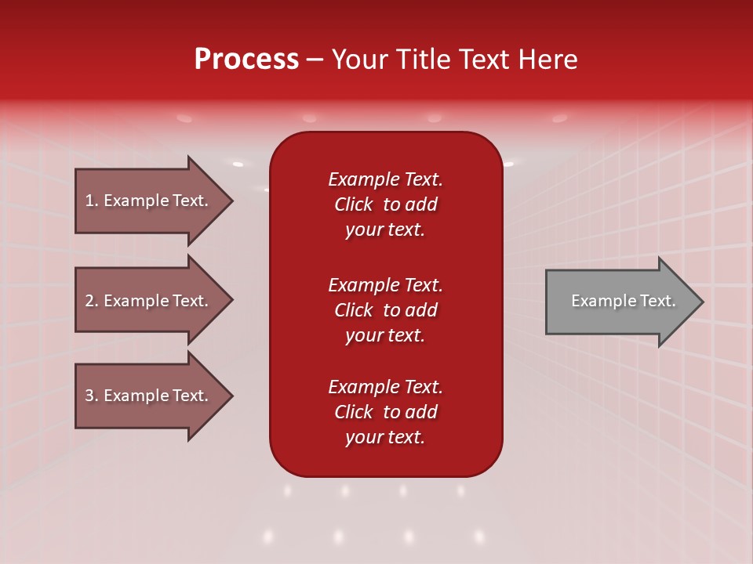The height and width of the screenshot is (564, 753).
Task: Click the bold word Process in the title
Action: coord(246,60)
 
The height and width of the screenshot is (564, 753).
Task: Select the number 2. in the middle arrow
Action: coord(92,301)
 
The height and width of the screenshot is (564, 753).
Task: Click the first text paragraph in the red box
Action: coord(385,204)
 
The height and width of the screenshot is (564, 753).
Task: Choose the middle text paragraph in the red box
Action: coord(385,310)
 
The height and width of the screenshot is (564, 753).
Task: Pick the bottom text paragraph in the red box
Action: coord(385,412)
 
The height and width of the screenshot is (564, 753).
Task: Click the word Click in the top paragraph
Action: coord(354,204)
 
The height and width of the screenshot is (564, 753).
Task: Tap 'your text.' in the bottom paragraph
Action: coord(385,437)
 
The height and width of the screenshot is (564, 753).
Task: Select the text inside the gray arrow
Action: coord(624,301)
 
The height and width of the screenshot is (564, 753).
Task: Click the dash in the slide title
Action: coord(315,60)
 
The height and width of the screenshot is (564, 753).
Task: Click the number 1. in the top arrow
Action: coord(92,201)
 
